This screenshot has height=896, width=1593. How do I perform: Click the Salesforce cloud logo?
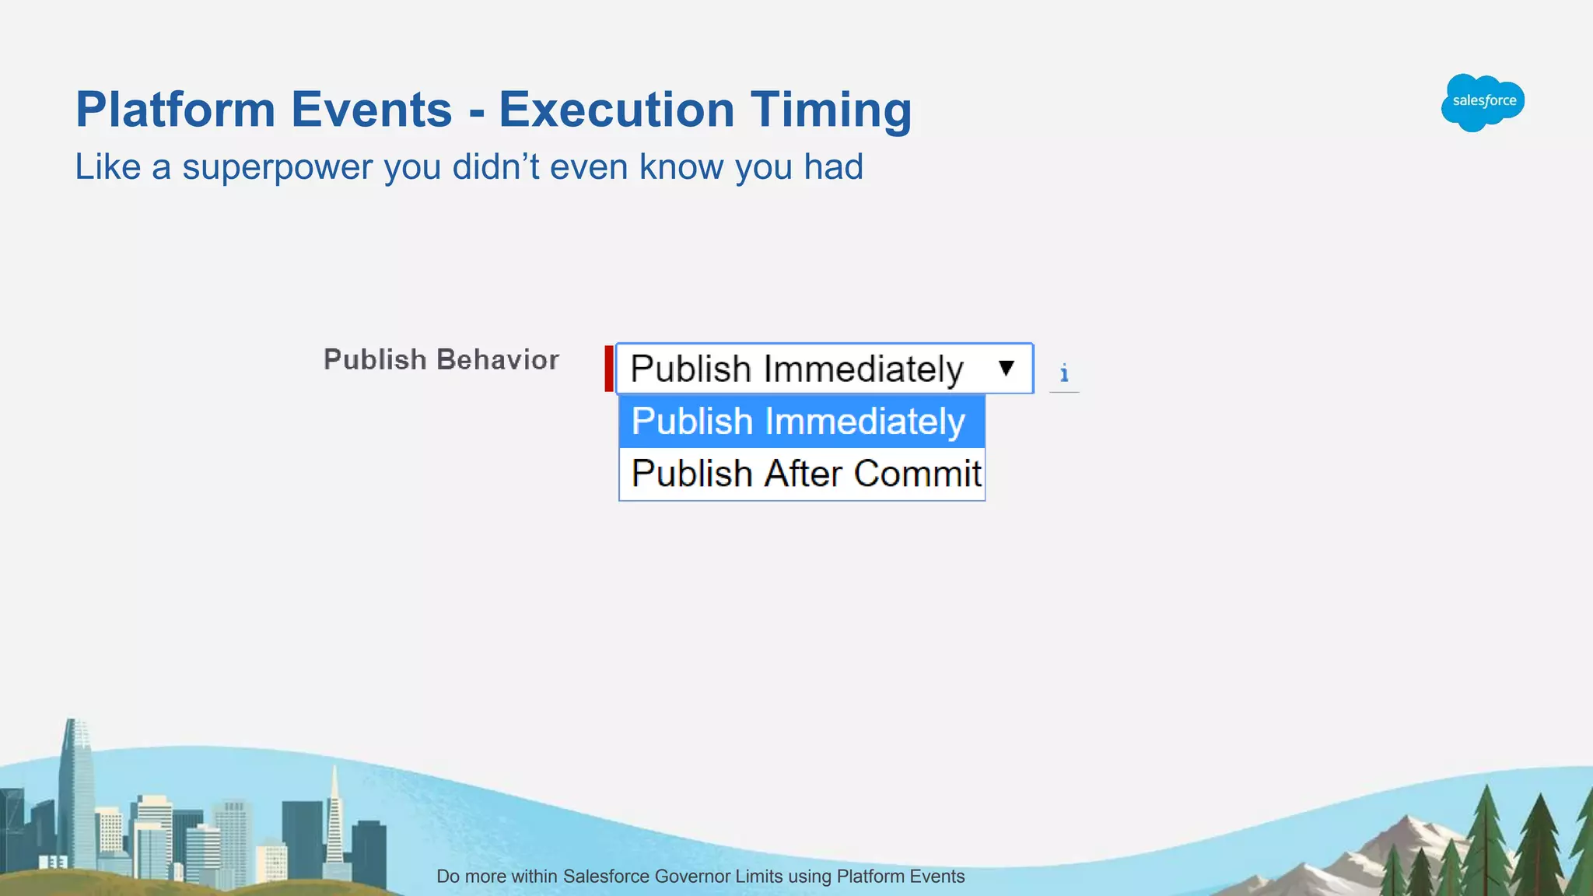1483,102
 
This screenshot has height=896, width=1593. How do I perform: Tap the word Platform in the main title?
175,110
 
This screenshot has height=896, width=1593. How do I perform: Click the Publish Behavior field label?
441,360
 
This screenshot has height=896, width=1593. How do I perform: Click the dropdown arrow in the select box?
1006,368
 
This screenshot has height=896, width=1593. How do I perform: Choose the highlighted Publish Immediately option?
800,422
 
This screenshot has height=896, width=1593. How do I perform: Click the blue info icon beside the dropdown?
1064,374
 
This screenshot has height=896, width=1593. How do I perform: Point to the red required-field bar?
609,369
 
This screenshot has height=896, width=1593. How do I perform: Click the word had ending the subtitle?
833,167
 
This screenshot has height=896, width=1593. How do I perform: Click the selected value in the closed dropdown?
796,369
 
